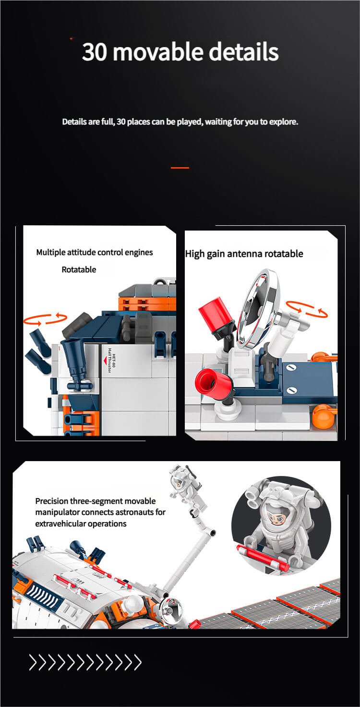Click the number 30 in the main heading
[94, 52]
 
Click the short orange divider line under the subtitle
[180, 168]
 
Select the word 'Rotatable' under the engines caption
[79, 269]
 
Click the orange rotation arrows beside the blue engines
[45, 319]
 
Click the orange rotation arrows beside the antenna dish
[306, 309]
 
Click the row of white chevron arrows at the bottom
[85, 662]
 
